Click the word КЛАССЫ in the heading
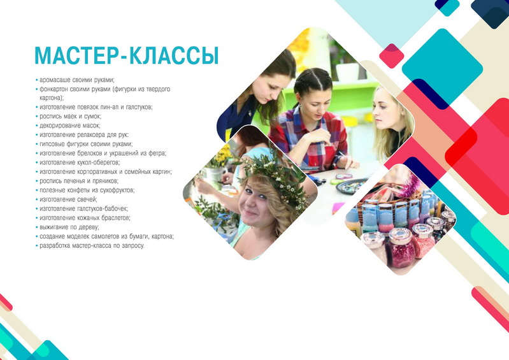174,56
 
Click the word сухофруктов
113,191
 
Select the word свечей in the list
87,199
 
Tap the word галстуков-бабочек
103,209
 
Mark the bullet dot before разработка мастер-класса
37,246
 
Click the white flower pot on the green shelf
347,72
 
